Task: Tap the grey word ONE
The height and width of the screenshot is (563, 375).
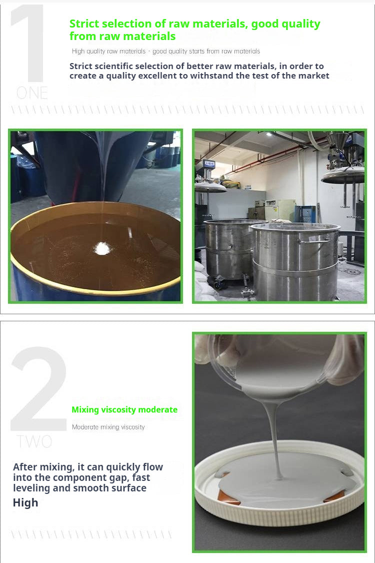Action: pos(32,93)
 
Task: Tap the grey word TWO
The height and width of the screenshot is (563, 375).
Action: pos(34,441)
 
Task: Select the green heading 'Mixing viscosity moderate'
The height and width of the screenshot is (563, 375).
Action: pos(124,410)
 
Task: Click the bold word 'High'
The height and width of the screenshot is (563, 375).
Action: pos(25,503)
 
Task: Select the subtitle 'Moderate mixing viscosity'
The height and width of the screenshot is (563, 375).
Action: pos(108,427)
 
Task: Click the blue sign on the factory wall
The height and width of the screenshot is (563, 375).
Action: pos(209,164)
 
